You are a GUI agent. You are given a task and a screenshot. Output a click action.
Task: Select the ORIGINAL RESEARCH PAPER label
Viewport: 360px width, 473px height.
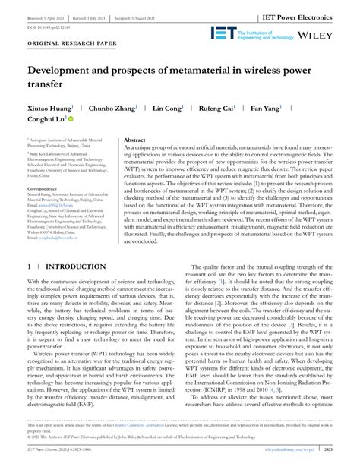[72, 65]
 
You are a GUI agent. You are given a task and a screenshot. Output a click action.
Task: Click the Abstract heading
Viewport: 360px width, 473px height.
[134, 140]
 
